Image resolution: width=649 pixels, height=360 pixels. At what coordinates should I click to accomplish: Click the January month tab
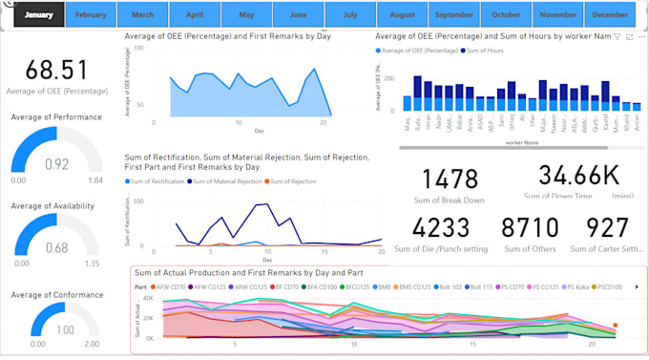(38, 15)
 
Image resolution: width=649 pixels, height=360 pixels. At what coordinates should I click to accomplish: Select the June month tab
(298, 15)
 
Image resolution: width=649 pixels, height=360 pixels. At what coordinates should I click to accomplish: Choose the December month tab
(609, 15)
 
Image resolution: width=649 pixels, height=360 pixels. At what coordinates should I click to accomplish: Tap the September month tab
(453, 15)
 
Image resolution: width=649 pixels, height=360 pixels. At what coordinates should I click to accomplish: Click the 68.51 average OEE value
(56, 70)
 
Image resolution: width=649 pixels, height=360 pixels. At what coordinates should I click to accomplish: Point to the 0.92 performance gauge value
(56, 163)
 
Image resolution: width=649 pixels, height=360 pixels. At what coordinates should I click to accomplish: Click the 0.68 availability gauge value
(56, 249)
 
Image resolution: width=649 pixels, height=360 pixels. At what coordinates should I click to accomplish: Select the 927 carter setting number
(608, 227)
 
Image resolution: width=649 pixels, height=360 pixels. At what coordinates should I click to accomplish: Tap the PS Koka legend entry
(581, 286)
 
